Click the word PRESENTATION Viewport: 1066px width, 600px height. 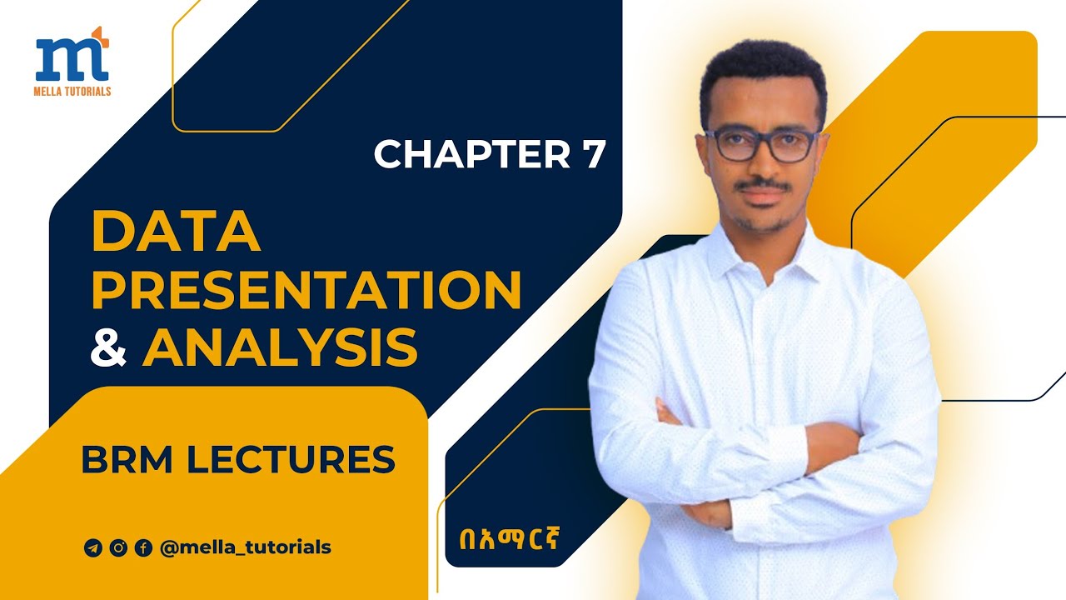(306, 290)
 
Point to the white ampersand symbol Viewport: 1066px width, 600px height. (109, 347)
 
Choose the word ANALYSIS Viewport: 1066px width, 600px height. (280, 347)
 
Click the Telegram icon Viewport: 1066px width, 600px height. (92, 547)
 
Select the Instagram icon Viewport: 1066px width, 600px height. (118, 547)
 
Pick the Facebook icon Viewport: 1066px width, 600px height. (143, 547)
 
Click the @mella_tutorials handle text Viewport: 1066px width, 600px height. (245, 547)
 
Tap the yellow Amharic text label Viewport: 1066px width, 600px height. (502, 534)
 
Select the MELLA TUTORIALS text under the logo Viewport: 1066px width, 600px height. (73, 90)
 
